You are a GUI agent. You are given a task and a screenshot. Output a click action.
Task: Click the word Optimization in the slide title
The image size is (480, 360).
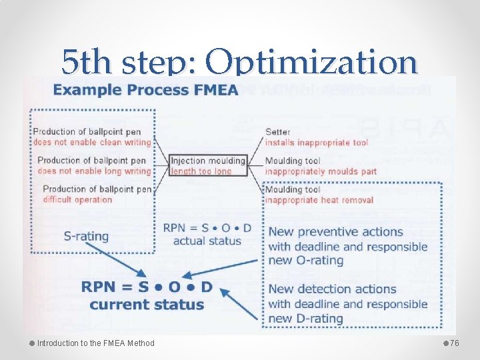tap(311, 63)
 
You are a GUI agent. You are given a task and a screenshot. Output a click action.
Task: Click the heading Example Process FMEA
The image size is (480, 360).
tap(147, 89)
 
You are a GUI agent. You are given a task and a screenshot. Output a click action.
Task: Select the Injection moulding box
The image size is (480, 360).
tap(208, 166)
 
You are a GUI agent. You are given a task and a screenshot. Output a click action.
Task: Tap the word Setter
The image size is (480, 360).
tap(277, 132)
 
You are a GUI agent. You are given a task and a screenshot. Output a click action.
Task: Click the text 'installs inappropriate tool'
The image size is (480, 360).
tap(317, 143)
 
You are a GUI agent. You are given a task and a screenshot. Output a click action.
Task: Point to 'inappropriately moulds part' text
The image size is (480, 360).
tap(321, 171)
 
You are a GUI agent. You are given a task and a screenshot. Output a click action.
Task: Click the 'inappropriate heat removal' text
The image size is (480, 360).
tap(319, 200)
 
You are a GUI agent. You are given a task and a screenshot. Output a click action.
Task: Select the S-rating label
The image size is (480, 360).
tap(86, 236)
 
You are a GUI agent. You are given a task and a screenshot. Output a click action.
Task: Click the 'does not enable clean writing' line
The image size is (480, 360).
tap(92, 142)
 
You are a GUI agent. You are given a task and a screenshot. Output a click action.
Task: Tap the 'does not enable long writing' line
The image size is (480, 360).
tap(95, 171)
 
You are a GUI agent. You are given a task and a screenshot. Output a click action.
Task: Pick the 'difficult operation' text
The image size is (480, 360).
tap(77, 199)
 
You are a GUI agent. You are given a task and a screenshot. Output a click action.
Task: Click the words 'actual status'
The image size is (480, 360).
tap(207, 241)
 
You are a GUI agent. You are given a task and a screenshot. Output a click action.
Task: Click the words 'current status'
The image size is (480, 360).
tap(147, 305)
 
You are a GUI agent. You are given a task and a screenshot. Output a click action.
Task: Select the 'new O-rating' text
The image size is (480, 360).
tap(305, 261)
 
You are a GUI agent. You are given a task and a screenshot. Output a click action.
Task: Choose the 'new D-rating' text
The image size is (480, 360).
tap(305, 318)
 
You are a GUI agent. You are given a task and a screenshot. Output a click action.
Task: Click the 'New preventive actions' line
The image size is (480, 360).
tap(335, 232)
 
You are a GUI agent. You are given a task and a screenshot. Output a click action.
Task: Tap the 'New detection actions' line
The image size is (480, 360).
tap(332, 289)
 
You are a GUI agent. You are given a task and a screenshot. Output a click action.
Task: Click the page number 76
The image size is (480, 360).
tap(455, 343)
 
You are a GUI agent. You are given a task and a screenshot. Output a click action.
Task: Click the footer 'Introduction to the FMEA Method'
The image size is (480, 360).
tap(95, 343)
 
